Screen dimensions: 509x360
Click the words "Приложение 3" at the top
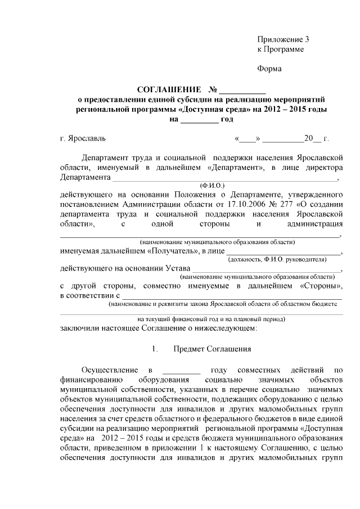point(283,39)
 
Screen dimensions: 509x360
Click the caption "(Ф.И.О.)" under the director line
point(212,184)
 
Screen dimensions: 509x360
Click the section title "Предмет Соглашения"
point(212,349)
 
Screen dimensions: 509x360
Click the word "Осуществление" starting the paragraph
point(109,370)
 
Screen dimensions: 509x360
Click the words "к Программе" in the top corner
point(280,49)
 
